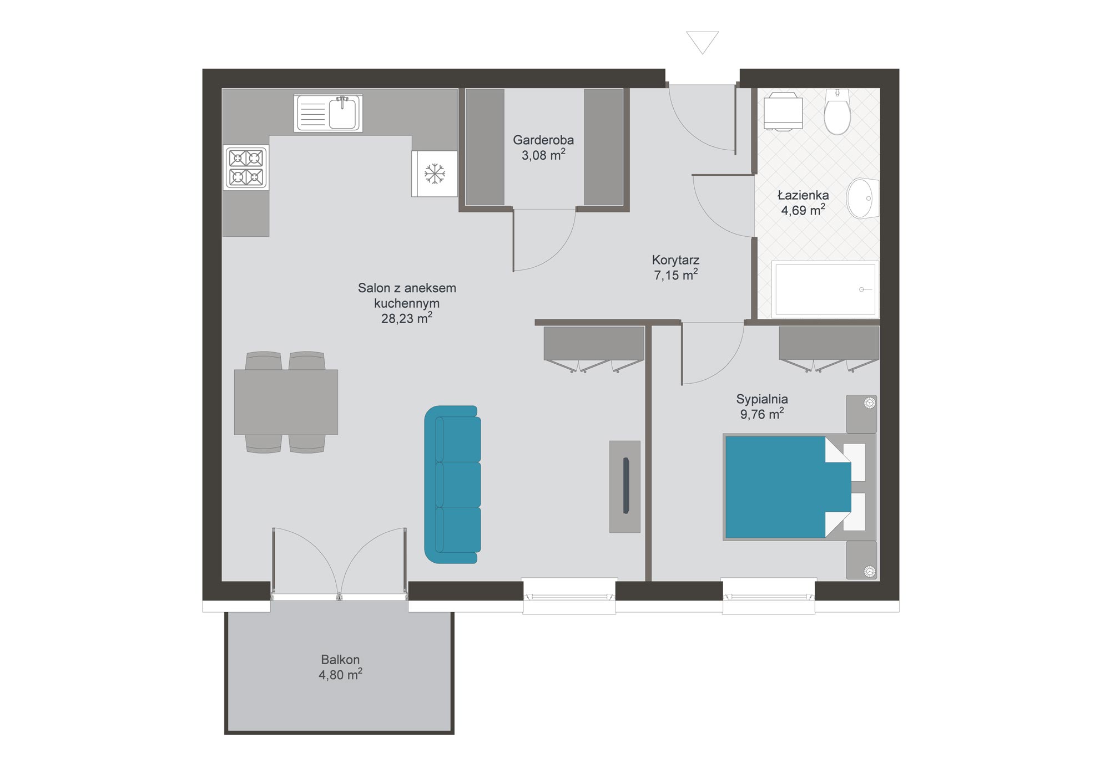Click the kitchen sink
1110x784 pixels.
pyautogui.click(x=329, y=113)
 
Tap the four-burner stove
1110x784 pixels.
pyautogui.click(x=246, y=167)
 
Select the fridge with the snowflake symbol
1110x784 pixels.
pyautogui.click(x=435, y=174)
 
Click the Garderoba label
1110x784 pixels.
pyautogui.click(x=543, y=140)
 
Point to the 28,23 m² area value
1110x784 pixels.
pyautogui.click(x=407, y=318)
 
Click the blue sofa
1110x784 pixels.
pyautogui.click(x=452, y=485)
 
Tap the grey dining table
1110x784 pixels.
pyautogui.click(x=286, y=402)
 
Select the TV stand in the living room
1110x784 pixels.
pyautogui.click(x=625, y=487)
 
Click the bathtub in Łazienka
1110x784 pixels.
pyautogui.click(x=825, y=289)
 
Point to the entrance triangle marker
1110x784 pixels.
pyautogui.click(x=703, y=42)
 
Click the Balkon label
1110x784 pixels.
pyautogui.click(x=340, y=659)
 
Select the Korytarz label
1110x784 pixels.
pyautogui.click(x=675, y=259)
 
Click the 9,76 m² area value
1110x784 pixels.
pyautogui.click(x=762, y=414)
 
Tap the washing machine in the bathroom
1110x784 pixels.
pyautogui.click(x=783, y=111)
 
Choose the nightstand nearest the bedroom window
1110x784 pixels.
pyautogui.click(x=861, y=560)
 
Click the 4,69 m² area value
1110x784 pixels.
pyautogui.click(x=803, y=210)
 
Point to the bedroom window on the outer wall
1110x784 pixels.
pyautogui.click(x=769, y=596)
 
